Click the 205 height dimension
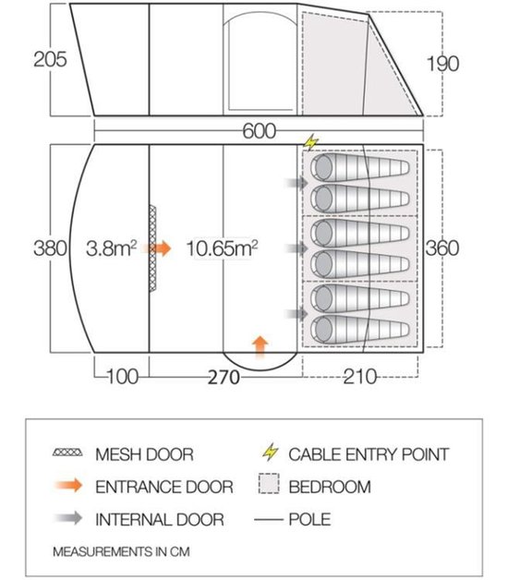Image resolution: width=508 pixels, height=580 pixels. tap(50, 59)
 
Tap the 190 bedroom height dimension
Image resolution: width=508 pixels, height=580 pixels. tap(442, 63)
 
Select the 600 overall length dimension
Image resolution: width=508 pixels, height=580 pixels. tap(259, 131)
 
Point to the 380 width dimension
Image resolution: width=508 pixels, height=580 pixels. tap(50, 248)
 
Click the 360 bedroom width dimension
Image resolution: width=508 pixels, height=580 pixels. tap(442, 248)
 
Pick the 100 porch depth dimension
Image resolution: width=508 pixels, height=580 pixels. tap(123, 377)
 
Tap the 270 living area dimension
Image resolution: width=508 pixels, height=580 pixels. tap(224, 378)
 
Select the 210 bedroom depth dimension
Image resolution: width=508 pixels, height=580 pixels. tap(360, 377)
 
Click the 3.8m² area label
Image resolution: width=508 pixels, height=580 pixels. tap(111, 248)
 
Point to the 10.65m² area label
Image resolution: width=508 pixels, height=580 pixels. tap(222, 248)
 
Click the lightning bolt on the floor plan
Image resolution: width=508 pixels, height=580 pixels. tap(310, 142)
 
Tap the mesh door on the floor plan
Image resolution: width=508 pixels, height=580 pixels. tap(152, 248)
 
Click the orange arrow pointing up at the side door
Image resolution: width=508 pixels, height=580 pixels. tap(260, 346)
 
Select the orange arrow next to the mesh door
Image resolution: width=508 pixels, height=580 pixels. tap(160, 248)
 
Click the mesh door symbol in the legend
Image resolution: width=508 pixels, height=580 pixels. tap(67, 452)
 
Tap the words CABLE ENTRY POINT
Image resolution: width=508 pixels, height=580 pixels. tap(369, 454)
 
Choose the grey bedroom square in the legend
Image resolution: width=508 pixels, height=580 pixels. tap(269, 483)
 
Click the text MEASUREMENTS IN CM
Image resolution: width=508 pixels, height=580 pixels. tap(121, 551)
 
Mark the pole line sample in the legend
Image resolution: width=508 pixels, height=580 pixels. tap(268, 520)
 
